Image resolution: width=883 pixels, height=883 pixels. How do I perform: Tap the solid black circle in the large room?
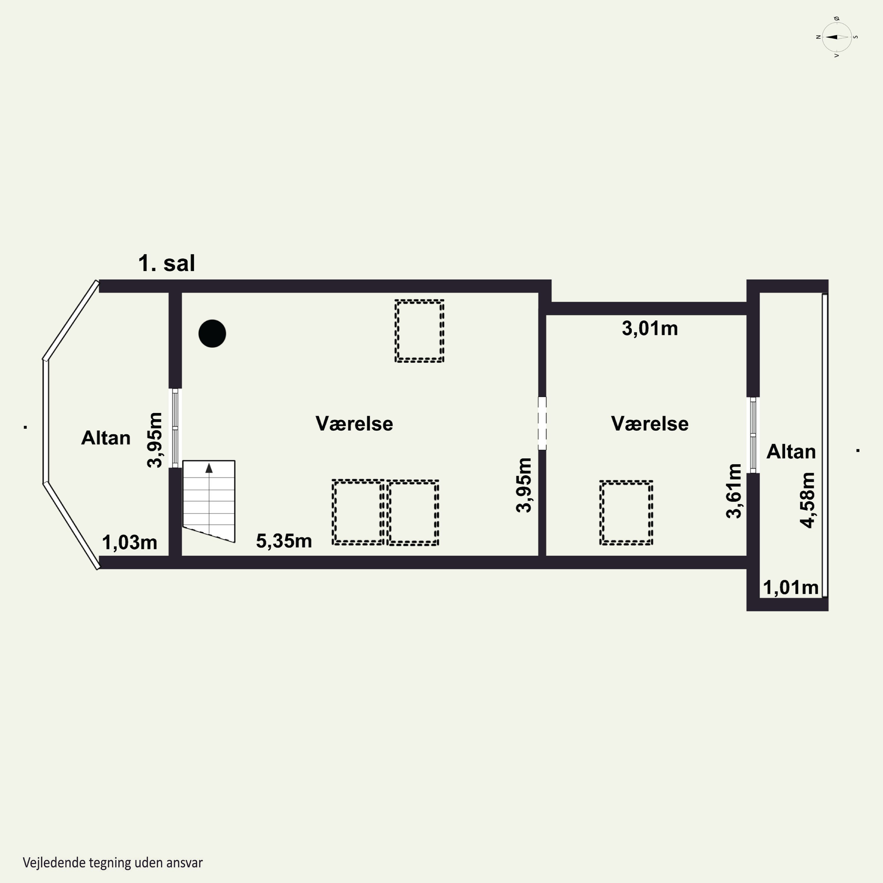pyautogui.click(x=212, y=334)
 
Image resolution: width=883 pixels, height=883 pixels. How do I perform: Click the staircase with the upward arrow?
pyautogui.click(x=209, y=501)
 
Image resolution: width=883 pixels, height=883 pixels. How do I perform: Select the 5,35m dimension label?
pyautogui.click(x=284, y=541)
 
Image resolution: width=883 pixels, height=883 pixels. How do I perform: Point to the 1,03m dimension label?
pyautogui.click(x=129, y=542)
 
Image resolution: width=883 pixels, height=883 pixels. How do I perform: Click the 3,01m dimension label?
pyautogui.click(x=650, y=328)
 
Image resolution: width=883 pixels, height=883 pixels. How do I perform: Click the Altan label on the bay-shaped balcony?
pyautogui.click(x=106, y=438)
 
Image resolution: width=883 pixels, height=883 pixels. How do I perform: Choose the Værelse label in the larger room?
pyautogui.click(x=354, y=424)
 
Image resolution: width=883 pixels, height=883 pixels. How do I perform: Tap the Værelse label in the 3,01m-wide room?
pyautogui.click(x=650, y=424)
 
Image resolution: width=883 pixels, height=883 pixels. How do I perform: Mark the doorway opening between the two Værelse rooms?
pyautogui.click(x=542, y=423)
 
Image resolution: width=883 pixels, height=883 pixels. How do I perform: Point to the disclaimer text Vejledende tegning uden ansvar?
pyautogui.click(x=112, y=862)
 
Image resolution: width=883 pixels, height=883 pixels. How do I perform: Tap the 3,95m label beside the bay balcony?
pyautogui.click(x=155, y=440)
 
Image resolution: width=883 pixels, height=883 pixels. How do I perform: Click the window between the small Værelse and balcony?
pyautogui.click(x=753, y=435)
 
